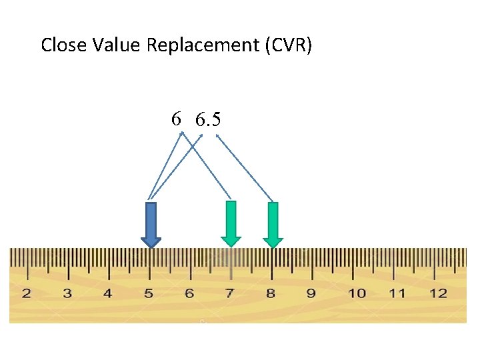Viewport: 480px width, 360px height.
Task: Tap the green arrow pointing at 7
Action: point(231,224)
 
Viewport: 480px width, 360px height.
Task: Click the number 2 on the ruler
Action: point(27,293)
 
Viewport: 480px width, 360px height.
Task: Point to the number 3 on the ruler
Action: point(67,293)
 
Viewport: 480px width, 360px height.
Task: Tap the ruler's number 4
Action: point(108,293)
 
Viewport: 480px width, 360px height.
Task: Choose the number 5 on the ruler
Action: point(149,293)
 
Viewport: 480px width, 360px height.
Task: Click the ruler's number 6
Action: point(189,293)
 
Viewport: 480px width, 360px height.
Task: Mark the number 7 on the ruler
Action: point(230,293)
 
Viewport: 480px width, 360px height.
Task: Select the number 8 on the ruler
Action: point(271,293)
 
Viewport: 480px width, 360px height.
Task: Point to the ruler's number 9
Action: point(311,293)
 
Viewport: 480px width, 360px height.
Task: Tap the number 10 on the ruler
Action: point(357,293)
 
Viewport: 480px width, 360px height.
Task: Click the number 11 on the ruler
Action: point(397,293)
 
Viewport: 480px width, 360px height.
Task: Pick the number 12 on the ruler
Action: point(438,293)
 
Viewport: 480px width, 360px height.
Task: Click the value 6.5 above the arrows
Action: point(208,120)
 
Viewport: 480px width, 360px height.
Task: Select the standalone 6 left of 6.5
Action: point(175,119)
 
